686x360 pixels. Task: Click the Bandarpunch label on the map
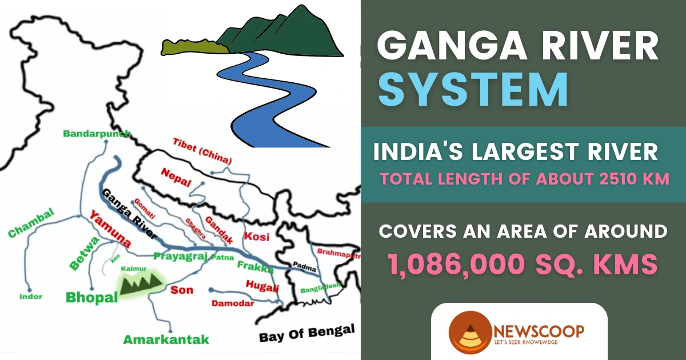[x=97, y=134]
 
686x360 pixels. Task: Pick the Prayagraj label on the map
[x=179, y=257]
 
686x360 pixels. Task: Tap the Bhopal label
[x=91, y=297]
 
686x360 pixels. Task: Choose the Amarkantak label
[x=166, y=339]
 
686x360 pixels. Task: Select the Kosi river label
[x=256, y=237]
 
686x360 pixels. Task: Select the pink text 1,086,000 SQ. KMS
[x=520, y=264]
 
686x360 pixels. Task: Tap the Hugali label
[x=262, y=286]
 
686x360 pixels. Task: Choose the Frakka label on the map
[x=255, y=267]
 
